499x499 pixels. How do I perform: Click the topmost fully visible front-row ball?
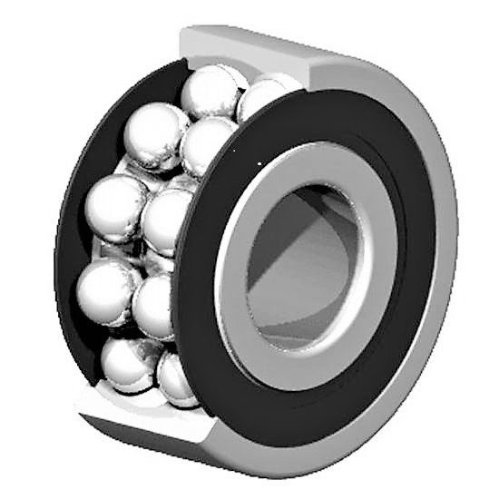210,91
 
